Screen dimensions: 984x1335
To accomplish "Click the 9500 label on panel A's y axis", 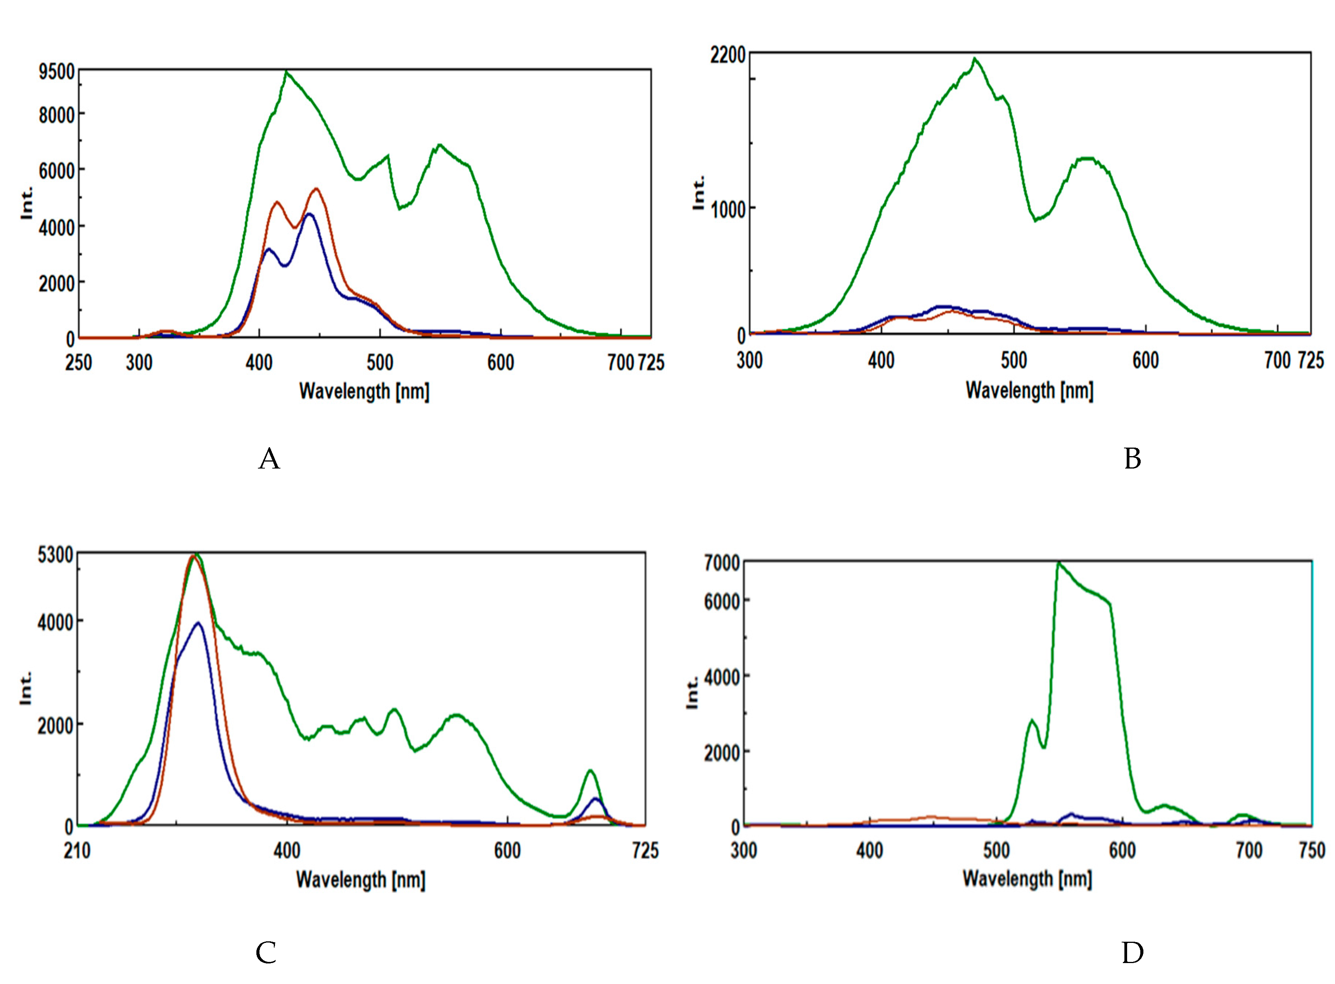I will click(57, 72).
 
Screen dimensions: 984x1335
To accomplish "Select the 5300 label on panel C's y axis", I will click(55, 555).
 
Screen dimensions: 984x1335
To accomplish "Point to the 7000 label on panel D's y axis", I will click(721, 563).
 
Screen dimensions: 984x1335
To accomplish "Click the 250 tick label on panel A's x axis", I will click(79, 363).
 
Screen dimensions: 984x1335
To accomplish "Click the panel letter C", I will click(266, 953).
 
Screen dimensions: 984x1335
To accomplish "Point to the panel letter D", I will click(1132, 953).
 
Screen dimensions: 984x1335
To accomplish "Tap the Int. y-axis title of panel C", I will click(26, 689).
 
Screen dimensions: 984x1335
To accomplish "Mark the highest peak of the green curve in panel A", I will click(287, 73).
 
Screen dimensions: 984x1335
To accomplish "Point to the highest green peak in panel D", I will click(1058, 562).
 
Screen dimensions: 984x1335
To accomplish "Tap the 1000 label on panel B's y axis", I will click(727, 210).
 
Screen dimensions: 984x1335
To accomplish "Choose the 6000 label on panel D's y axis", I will click(721, 602).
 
